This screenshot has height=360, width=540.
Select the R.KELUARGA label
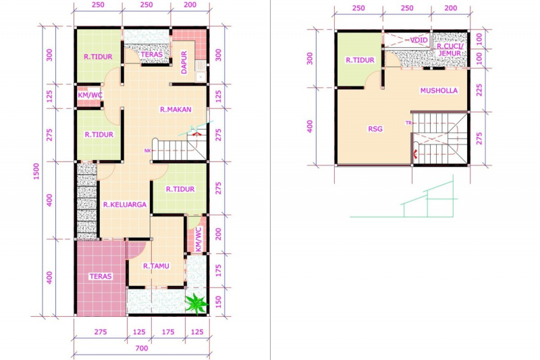pyautogui.click(x=125, y=205)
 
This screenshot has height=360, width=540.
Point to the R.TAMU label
pyautogui.click(x=156, y=266)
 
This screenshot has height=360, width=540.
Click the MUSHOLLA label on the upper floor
pyautogui.click(x=439, y=91)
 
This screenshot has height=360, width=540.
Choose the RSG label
pyautogui.click(x=375, y=129)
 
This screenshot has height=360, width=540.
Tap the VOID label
pyautogui.click(x=418, y=40)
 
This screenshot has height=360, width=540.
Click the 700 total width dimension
pyautogui.click(x=140, y=349)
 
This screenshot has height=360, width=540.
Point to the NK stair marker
pyautogui.click(x=147, y=151)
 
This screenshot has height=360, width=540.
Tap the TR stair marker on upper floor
pyautogui.click(x=408, y=122)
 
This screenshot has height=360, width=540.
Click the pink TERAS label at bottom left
pyautogui.click(x=100, y=276)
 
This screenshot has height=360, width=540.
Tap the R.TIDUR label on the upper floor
pyautogui.click(x=360, y=60)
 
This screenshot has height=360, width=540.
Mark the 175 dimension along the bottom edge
pyautogui.click(x=167, y=332)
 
